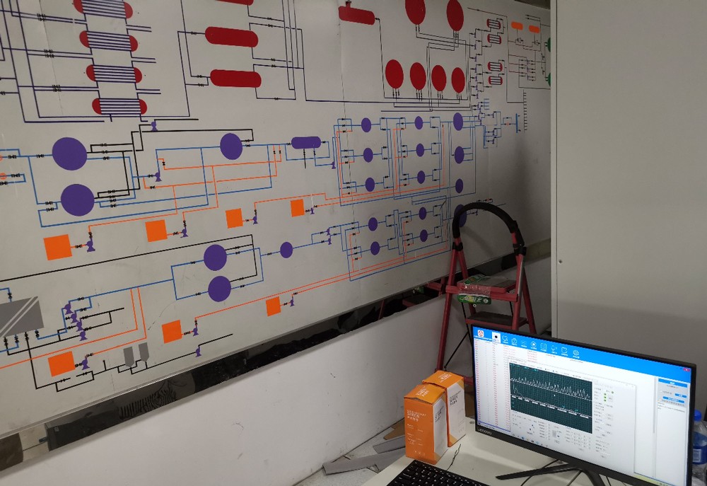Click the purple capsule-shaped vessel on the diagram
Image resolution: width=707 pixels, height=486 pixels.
305,143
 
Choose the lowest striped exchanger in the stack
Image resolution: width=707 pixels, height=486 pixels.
119,106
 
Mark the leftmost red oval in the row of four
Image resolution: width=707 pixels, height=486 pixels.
395,74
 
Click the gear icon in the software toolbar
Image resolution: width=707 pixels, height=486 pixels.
575,352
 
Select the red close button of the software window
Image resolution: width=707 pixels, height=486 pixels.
685,367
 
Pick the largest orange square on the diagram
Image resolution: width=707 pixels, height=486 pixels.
57,247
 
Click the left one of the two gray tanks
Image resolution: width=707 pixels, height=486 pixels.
129,355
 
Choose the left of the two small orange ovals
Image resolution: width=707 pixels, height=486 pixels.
517,25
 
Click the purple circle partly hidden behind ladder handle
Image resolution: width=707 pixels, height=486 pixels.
460,215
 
